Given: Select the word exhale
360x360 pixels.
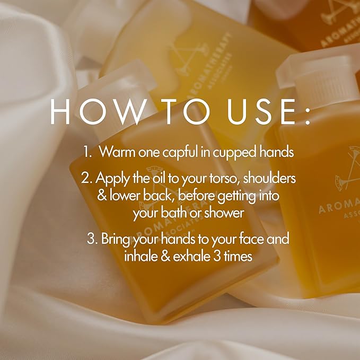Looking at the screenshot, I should tap(185, 256).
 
